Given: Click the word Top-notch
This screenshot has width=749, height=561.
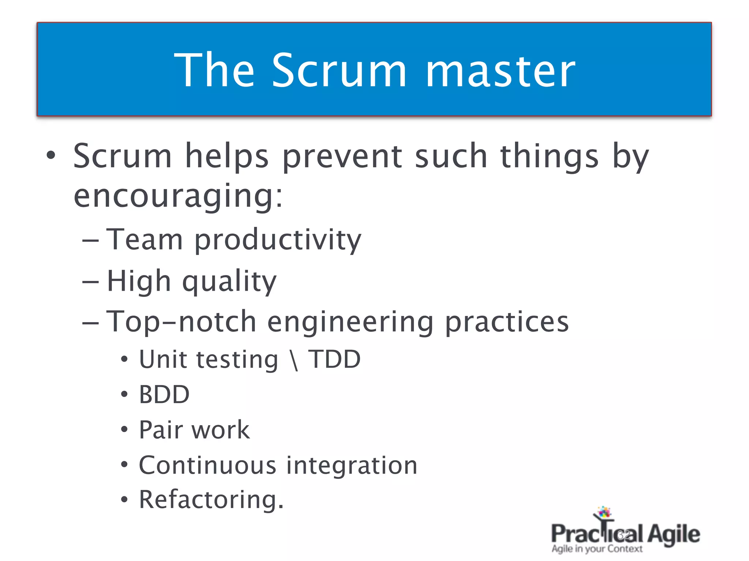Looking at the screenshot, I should [181, 322].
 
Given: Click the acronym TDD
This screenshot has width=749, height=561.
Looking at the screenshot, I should [334, 359].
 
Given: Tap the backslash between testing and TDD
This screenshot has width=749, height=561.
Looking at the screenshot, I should [294, 360].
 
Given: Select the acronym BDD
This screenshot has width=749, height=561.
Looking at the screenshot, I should [164, 395].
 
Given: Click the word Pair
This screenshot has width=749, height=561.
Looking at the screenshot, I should [161, 430].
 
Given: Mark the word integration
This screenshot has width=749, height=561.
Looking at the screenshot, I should [351, 466].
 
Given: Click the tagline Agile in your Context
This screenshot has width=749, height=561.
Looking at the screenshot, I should [597, 549].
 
